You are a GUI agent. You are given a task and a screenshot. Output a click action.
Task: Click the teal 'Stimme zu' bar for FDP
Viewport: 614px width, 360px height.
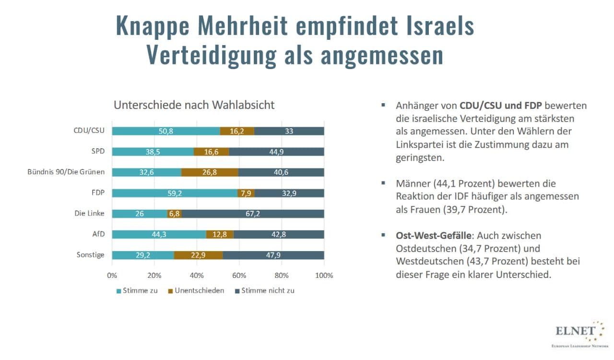175,193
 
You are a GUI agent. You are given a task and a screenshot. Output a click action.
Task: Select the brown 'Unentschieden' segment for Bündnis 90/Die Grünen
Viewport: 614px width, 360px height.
210,172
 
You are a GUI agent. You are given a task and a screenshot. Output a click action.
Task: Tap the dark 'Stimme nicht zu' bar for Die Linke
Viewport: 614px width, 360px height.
253,214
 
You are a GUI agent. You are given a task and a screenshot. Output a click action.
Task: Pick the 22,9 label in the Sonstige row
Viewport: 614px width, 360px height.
198,255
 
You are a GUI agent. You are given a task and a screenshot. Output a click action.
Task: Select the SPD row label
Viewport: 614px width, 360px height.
98,152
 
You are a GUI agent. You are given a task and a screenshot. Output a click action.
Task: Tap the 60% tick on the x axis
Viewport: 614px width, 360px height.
239,276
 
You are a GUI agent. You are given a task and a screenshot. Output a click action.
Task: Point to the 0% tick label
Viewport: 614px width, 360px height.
112,276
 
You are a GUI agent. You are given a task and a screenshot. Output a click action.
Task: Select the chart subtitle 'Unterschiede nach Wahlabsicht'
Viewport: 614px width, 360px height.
194,105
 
